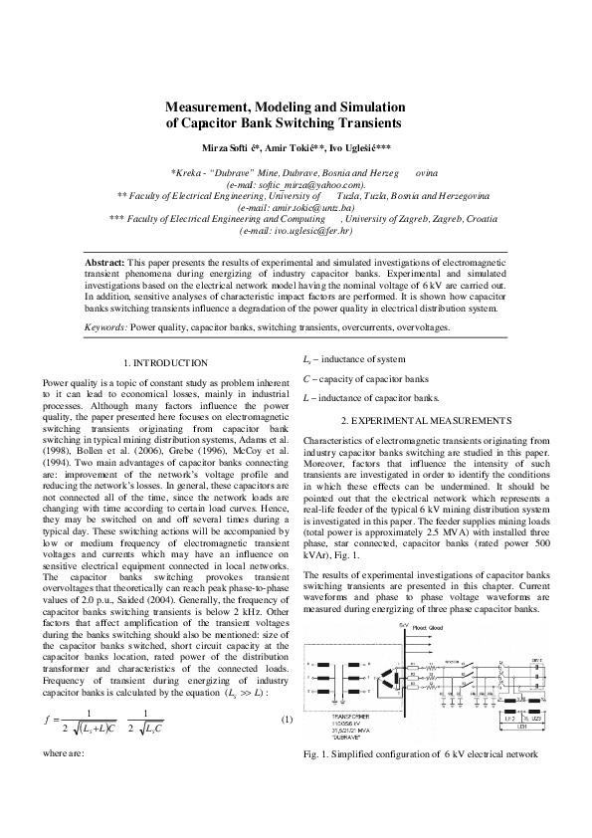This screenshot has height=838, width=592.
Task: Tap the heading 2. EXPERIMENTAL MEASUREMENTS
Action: (x=426, y=420)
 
